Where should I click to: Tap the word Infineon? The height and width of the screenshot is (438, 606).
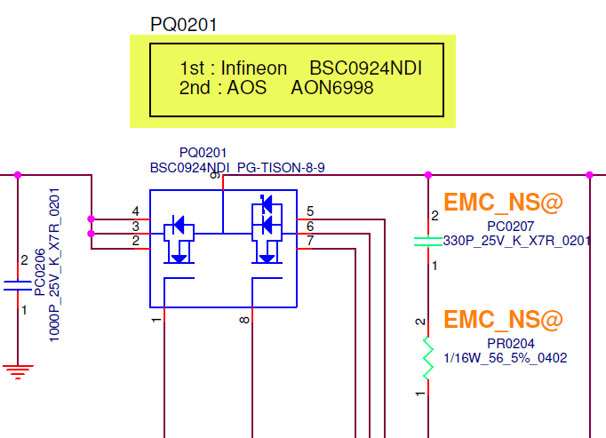tap(254, 68)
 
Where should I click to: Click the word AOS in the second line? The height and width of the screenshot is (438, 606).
tap(248, 88)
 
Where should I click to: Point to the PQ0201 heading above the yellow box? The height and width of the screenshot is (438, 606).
tap(184, 24)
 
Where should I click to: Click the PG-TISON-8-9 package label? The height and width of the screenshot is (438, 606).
tap(281, 167)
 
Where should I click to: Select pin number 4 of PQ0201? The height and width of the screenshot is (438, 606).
tap(135, 211)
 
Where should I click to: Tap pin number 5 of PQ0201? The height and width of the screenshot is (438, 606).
tap(309, 211)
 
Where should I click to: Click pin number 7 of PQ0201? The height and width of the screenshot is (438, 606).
tap(309, 241)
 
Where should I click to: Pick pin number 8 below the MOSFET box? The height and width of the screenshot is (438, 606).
tap(244, 318)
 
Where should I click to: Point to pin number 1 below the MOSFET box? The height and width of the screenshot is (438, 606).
tap(156, 318)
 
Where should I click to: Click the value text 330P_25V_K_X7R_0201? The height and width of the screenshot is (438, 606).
tap(517, 240)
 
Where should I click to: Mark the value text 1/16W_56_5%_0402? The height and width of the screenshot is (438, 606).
tap(505, 358)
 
